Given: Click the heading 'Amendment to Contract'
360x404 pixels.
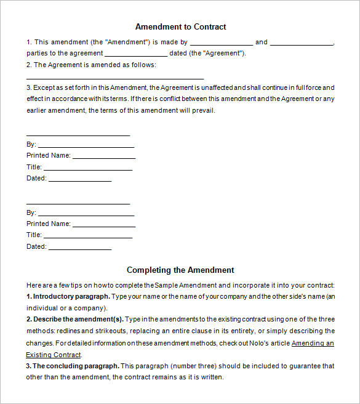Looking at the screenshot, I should (180, 27).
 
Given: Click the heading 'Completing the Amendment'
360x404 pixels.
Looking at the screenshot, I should (180, 270).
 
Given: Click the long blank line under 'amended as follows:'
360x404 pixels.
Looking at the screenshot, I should (114, 78).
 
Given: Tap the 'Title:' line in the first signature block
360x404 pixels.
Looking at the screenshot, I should (88, 168).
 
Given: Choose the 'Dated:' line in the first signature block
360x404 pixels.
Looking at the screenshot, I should (79, 180).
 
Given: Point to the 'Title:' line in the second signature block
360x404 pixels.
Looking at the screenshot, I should (88, 236).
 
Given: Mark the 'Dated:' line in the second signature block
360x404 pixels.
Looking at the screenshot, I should (79, 248).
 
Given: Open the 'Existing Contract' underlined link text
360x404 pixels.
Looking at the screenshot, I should (53, 355).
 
